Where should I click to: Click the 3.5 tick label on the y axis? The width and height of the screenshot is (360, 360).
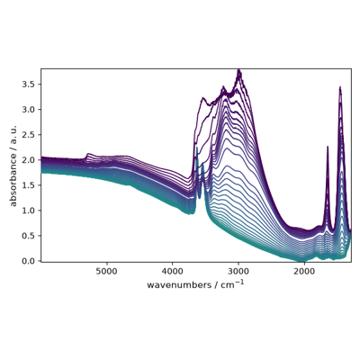(x=30, y=84)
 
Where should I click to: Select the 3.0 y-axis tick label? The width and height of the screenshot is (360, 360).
(x=30, y=109)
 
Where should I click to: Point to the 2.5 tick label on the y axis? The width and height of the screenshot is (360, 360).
(x=30, y=134)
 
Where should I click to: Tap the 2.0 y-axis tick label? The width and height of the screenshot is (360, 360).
(x=30, y=160)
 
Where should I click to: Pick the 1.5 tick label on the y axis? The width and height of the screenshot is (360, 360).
(x=30, y=185)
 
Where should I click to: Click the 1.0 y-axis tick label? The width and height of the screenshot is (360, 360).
(x=30, y=211)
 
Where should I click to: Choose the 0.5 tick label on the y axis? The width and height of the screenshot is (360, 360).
(x=30, y=236)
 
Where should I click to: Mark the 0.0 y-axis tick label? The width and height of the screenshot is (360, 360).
(x=30, y=261)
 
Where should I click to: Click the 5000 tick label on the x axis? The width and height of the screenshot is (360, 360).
(x=106, y=271)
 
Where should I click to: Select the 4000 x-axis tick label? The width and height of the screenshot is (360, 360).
(x=173, y=271)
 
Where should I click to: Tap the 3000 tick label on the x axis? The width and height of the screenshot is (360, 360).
(x=238, y=271)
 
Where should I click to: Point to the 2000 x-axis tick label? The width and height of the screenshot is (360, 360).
(x=304, y=271)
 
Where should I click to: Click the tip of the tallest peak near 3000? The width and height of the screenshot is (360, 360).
(x=239, y=69)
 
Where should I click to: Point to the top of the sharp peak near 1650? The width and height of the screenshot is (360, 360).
(x=328, y=147)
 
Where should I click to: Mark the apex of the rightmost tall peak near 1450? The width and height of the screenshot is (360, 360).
(x=340, y=86)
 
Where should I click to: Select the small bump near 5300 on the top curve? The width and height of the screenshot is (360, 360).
(x=88, y=154)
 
